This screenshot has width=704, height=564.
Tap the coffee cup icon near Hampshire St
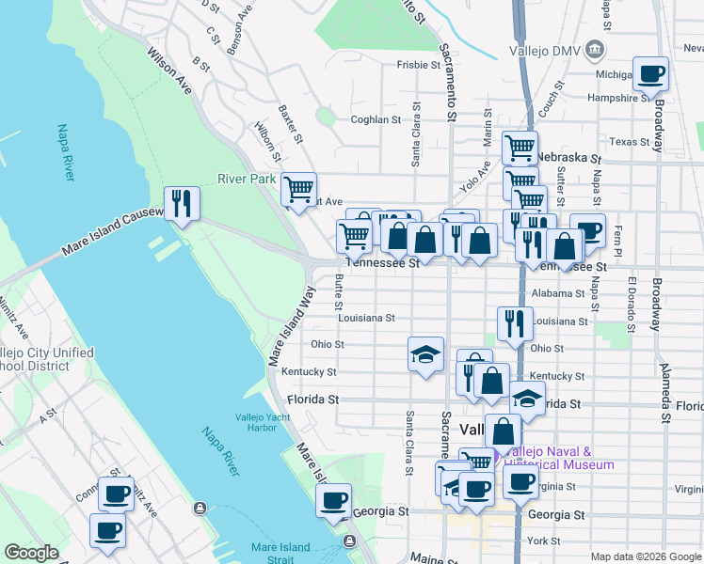(x=650, y=74)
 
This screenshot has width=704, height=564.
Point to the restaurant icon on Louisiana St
(x=514, y=323)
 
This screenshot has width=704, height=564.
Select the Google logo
(x=32, y=553)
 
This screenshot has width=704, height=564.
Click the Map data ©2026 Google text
(x=646, y=556)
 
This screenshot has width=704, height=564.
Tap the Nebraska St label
(x=572, y=157)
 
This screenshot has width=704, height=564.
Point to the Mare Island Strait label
(x=280, y=553)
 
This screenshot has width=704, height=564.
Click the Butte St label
(x=337, y=291)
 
